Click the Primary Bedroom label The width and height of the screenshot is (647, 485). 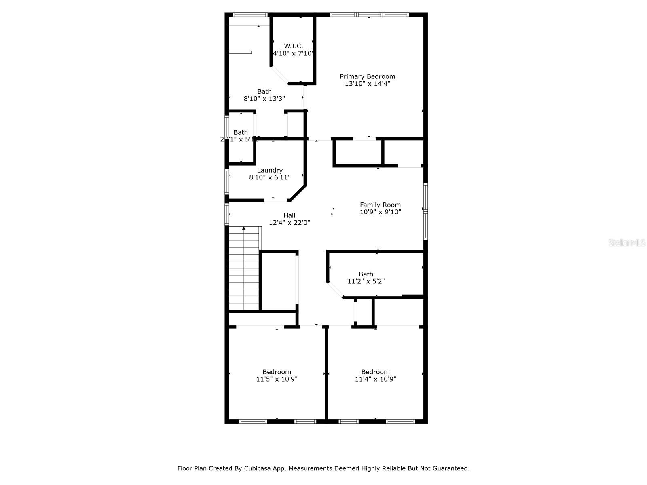(367, 76)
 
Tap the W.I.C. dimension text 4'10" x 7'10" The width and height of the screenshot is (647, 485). (293, 53)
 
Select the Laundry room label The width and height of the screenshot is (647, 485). (270, 170)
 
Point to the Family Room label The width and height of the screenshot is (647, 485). (380, 205)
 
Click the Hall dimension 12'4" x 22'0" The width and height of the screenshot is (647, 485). (290, 223)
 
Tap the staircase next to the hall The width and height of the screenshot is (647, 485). (244, 269)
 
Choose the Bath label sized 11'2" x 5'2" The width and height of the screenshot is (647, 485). (366, 274)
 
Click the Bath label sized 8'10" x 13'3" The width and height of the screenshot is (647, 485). (264, 91)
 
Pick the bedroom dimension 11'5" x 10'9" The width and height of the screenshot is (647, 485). (277, 379)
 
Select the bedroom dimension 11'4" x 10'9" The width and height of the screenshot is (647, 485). (375, 379)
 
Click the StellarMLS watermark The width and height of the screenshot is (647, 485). (626, 243)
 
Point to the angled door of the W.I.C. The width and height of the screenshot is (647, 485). (279, 75)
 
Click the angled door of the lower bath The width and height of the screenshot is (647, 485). (335, 290)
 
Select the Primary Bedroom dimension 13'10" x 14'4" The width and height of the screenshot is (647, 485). (367, 84)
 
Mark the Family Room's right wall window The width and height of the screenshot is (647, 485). (425, 211)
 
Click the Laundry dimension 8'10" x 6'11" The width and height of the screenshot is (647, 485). (270, 177)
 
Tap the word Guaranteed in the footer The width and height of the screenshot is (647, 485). (450, 468)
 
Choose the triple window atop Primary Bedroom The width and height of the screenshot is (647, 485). (369, 15)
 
